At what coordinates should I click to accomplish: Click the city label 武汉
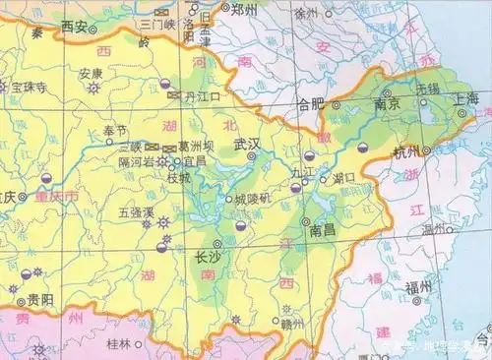click(248, 145)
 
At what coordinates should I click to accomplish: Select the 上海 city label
click(465, 99)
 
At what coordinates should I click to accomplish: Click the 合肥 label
click(311, 102)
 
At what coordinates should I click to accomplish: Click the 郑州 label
click(243, 9)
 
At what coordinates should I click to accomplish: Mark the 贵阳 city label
click(40, 298)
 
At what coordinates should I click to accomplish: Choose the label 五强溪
click(137, 210)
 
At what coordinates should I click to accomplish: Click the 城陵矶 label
click(253, 200)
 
